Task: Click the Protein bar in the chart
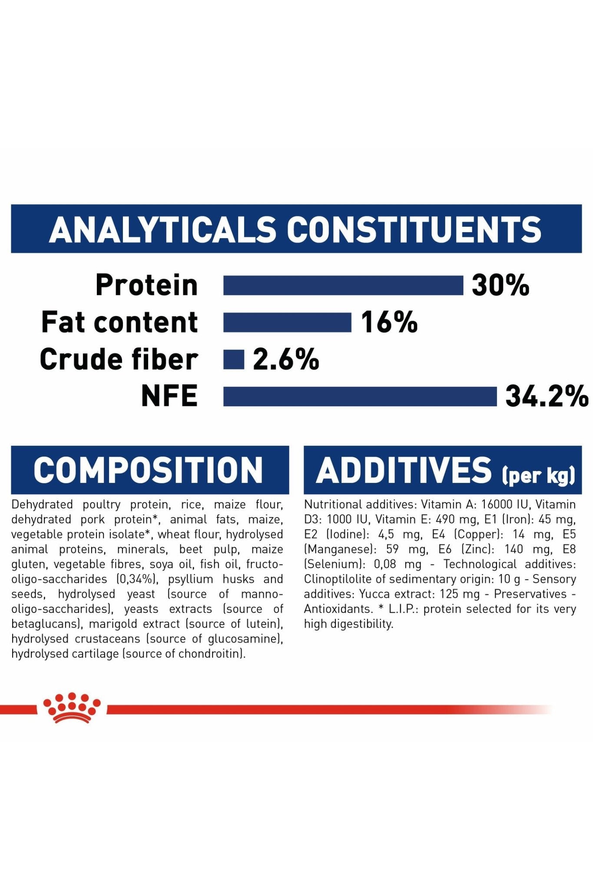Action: pyautogui.click(x=343, y=285)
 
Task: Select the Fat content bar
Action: pyautogui.click(x=287, y=322)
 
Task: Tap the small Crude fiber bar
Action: pyautogui.click(x=234, y=359)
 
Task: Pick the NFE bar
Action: pyautogui.click(x=360, y=396)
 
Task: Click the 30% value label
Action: pyautogui.click(x=500, y=286)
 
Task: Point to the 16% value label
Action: pyautogui.click(x=389, y=322)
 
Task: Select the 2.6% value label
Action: pyautogui.click(x=286, y=360)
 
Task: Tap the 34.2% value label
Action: pyautogui.click(x=547, y=397)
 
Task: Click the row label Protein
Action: pyautogui.click(x=147, y=285)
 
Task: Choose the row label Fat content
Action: pyautogui.click(x=119, y=322)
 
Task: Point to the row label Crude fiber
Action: pyautogui.click(x=119, y=359)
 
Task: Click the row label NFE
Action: pyautogui.click(x=169, y=396)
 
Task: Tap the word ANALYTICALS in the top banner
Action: pyautogui.click(x=162, y=229)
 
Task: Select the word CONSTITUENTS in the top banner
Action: pyautogui.click(x=414, y=229)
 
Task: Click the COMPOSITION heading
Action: pyautogui.click(x=148, y=470)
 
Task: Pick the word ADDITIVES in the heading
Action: pyautogui.click(x=404, y=470)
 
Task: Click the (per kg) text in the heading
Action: pyautogui.click(x=539, y=475)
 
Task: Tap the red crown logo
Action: pyautogui.click(x=72, y=707)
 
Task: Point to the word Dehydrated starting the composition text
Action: pyautogui.click(x=42, y=505)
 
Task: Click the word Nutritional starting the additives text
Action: pyautogui.click(x=333, y=505)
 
